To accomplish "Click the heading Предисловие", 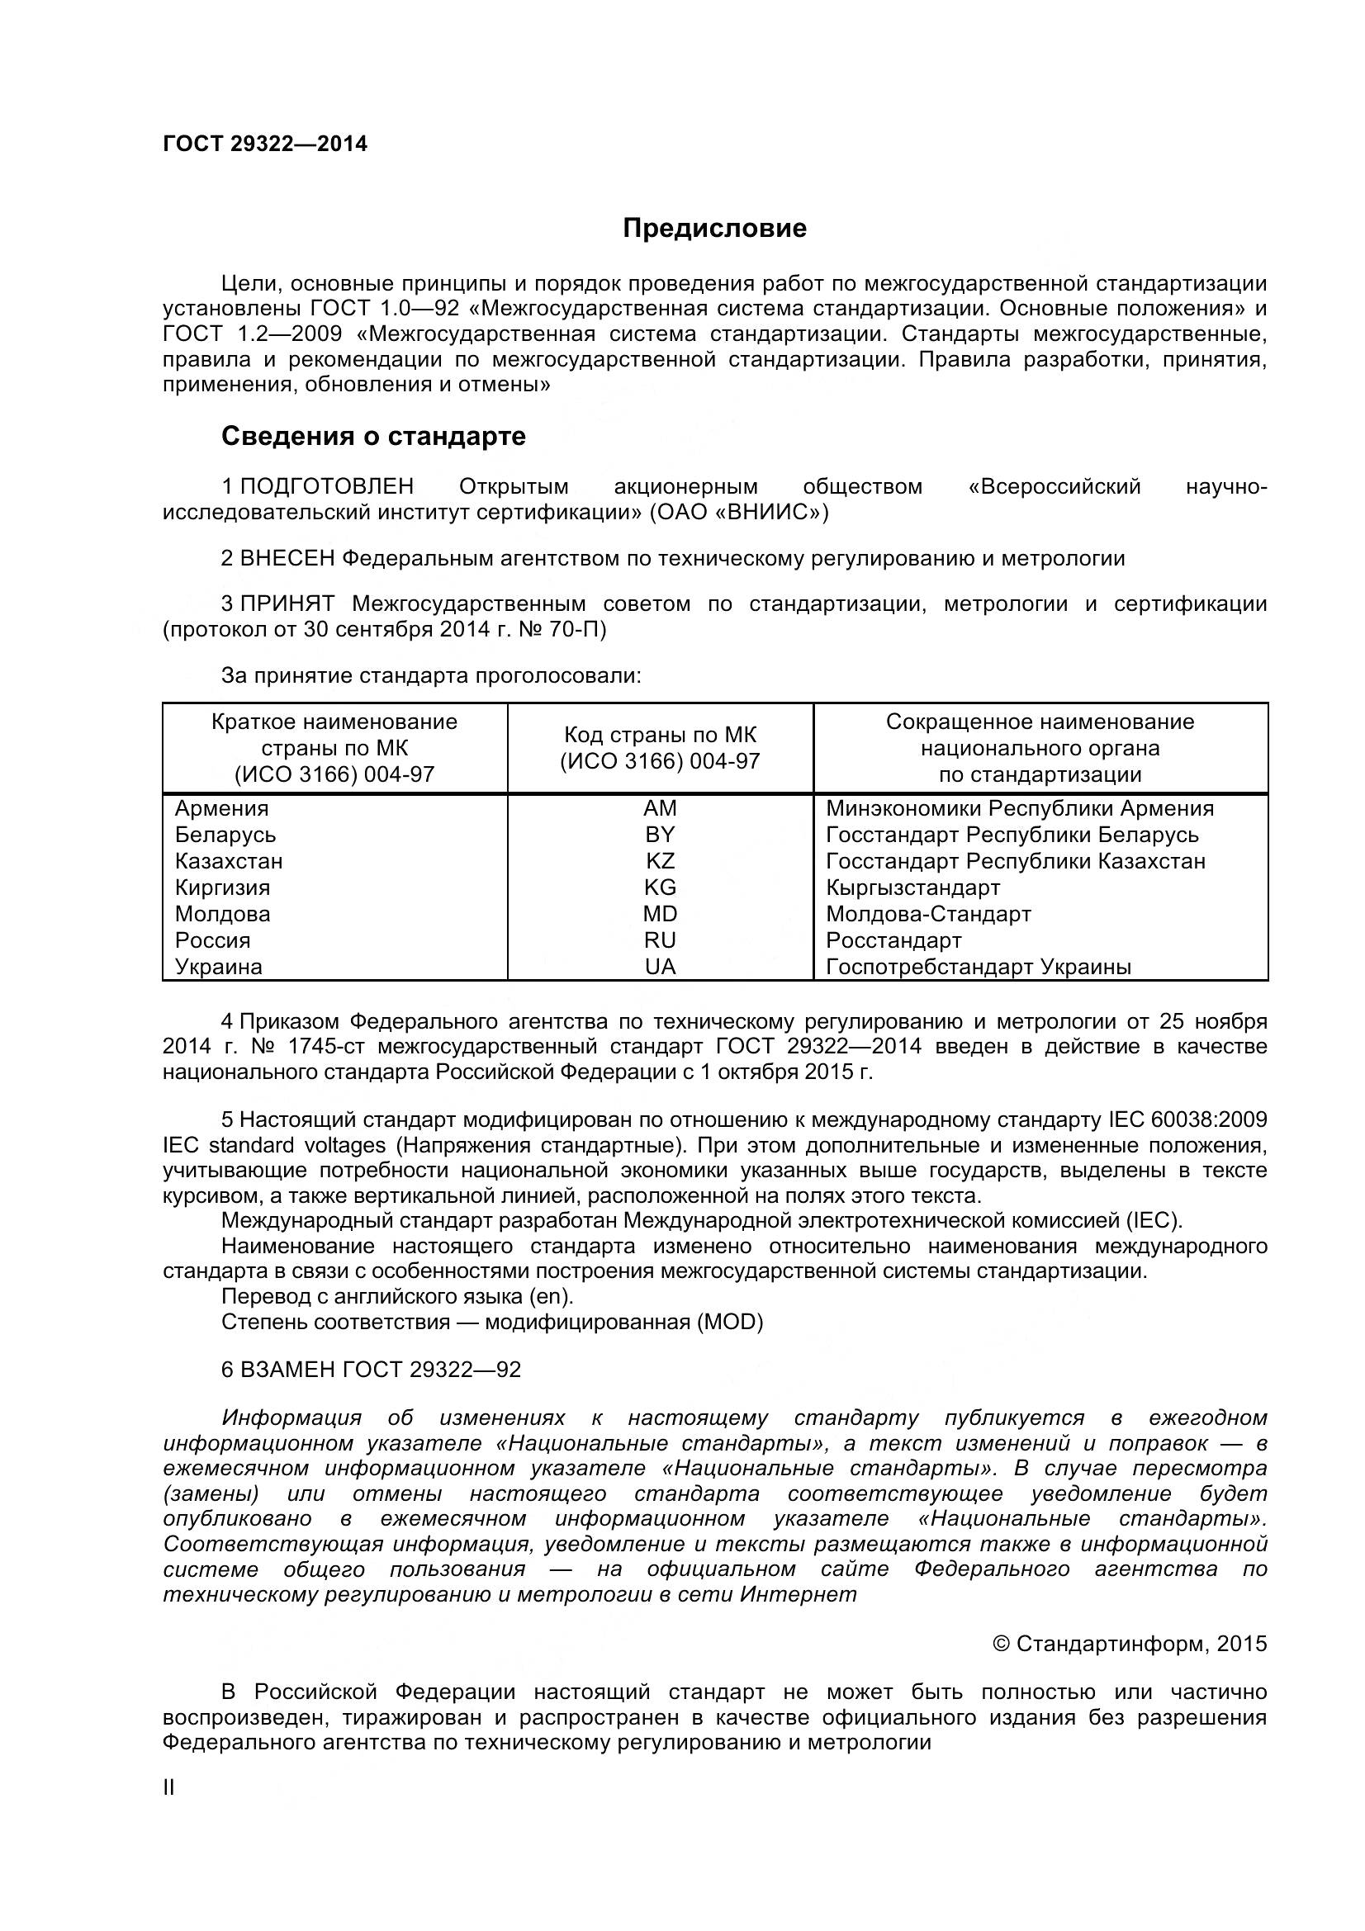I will pos(714,229).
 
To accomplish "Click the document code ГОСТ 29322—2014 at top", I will pos(265,144).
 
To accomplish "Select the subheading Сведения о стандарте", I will pos(372,436).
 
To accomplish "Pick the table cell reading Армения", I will pos(221,808).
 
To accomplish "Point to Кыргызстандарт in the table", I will pos(912,887).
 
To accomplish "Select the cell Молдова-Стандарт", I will pos(927,913).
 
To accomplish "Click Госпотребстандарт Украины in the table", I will pos(977,967).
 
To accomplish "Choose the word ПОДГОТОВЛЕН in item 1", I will pos(327,486).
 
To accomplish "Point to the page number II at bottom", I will pos(168,1810).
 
